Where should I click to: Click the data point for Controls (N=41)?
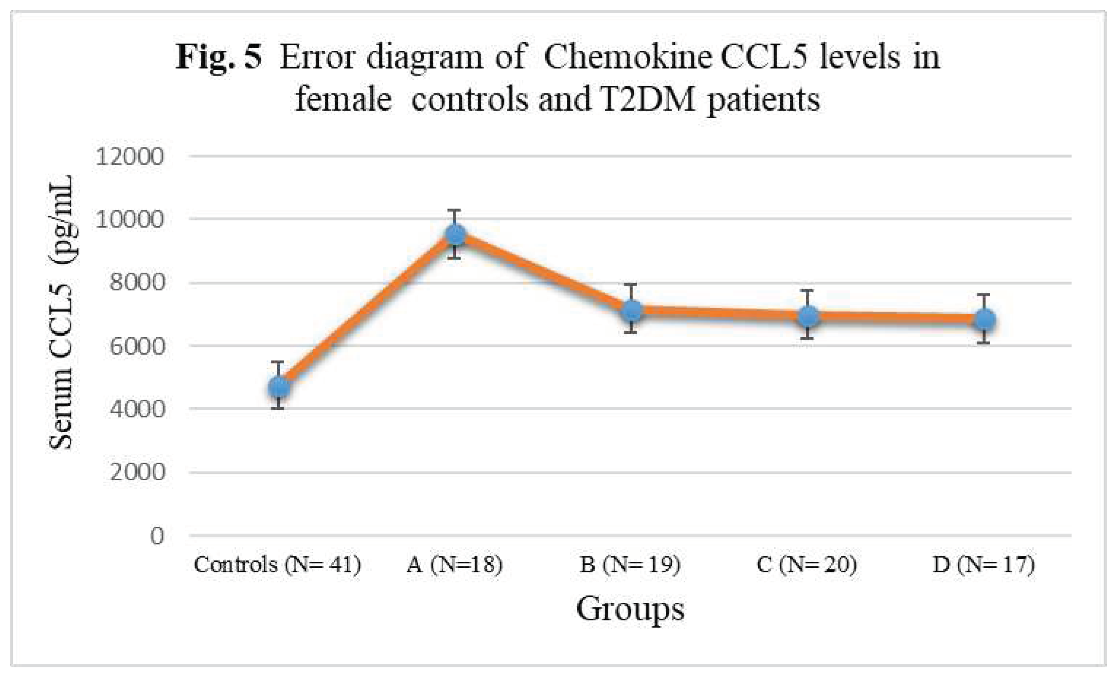[x=279, y=387]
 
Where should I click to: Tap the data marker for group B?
[x=631, y=311]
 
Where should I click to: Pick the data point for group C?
[x=807, y=316]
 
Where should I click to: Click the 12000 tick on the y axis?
[x=129, y=157]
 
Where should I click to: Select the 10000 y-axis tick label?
[x=129, y=220]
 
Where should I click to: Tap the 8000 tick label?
[x=136, y=283]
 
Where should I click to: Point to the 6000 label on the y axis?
[x=136, y=346]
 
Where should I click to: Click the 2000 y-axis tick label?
[x=136, y=472]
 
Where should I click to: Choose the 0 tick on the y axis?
[x=157, y=536]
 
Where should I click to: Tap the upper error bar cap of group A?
[x=454, y=210]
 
